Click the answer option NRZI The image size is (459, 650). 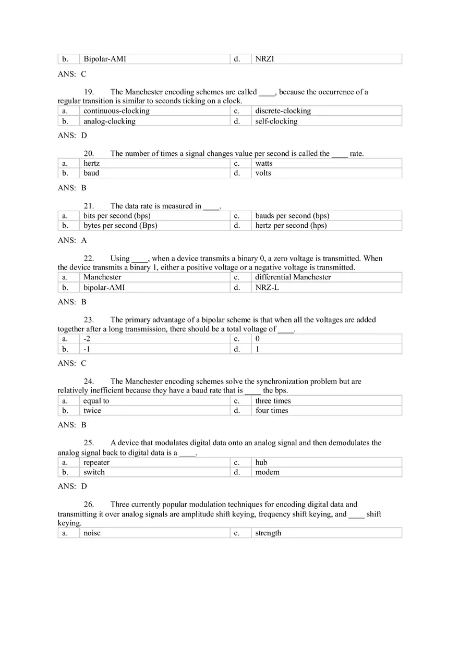(x=264, y=59)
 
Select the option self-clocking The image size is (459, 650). (x=276, y=121)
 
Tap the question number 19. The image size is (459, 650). (x=89, y=92)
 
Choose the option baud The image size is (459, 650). (x=91, y=173)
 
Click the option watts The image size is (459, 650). (x=263, y=163)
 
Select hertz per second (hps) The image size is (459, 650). (x=291, y=226)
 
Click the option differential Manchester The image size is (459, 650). (x=293, y=277)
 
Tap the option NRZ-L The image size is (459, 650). (x=267, y=287)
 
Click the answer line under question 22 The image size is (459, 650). (x=72, y=302)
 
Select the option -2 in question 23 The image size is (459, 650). (x=87, y=339)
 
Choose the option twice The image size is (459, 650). (x=92, y=411)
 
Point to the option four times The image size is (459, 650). (x=271, y=411)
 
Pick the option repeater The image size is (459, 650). (x=96, y=462)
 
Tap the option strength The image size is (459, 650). (x=268, y=533)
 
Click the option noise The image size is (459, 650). (x=92, y=533)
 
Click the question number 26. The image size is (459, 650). (x=89, y=505)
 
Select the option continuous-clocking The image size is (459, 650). (x=116, y=111)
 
